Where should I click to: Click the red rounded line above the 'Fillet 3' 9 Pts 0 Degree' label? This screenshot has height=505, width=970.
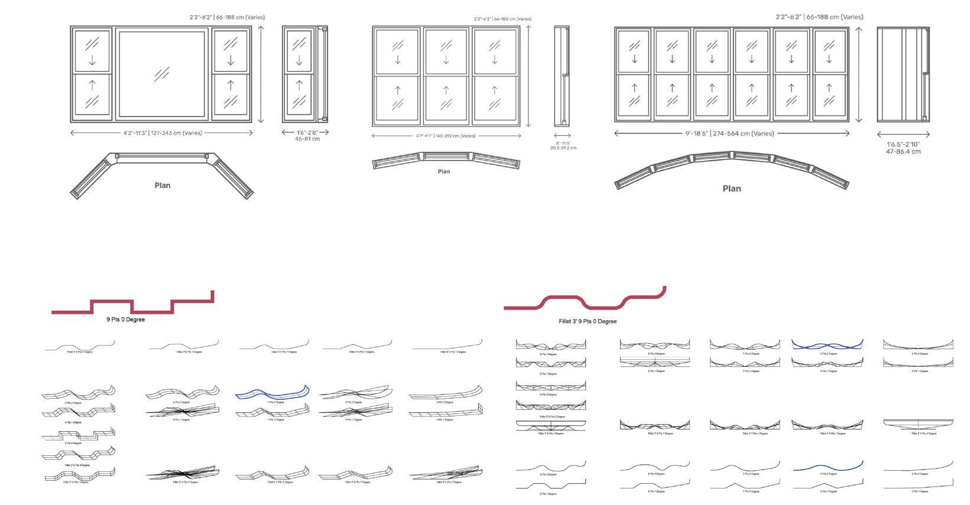(x=603, y=307)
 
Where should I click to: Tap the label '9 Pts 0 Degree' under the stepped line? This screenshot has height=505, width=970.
(x=125, y=320)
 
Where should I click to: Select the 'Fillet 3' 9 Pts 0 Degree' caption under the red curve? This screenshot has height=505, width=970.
(x=587, y=321)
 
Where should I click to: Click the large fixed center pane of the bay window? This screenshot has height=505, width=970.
(x=161, y=74)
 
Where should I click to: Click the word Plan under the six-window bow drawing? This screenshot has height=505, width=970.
(x=731, y=188)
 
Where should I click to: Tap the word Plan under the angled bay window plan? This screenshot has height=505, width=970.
(x=163, y=185)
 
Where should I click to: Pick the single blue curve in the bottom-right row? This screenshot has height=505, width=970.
(x=827, y=467)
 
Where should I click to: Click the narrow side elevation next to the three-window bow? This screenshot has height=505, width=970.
(x=562, y=76)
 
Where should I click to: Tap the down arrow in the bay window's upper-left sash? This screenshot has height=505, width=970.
(x=92, y=61)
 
